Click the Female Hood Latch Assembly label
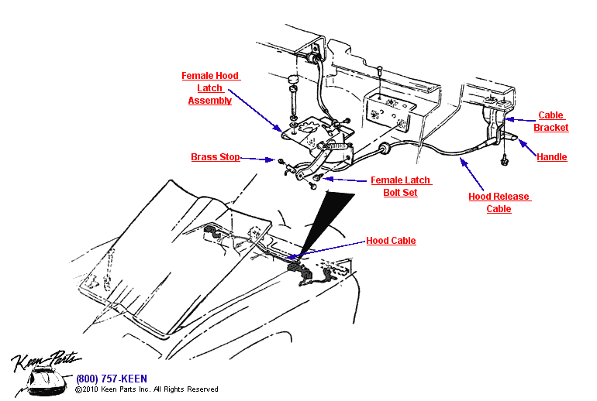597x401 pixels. pos(210,88)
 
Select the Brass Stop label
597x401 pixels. pos(216,157)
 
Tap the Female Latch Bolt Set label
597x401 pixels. pos(400,186)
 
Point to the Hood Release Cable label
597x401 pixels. pos(499,202)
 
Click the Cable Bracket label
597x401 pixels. pos(551,122)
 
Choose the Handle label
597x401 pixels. pos(552,157)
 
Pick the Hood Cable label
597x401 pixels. pos(391,241)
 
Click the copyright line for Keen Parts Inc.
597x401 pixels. pos(147,389)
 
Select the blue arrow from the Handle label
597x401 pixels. pos(526,149)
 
